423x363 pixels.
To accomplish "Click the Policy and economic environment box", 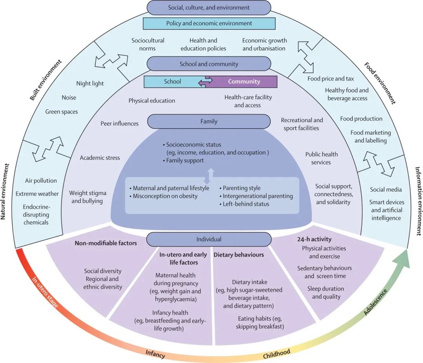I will click(x=209, y=23).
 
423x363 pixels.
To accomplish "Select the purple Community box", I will click(x=244, y=82).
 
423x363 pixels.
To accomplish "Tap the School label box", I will click(x=172, y=82).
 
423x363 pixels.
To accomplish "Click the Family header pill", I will click(x=209, y=122).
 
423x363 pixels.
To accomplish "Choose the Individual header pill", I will click(x=209, y=239).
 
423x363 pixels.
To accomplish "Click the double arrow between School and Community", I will click(x=205, y=82).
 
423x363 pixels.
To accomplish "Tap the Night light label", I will click(x=90, y=83).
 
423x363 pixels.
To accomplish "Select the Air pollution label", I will click(x=41, y=181).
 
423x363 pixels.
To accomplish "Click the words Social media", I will click(x=386, y=190).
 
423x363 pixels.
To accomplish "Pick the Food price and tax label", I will click(x=331, y=78).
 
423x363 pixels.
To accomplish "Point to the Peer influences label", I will click(x=119, y=123).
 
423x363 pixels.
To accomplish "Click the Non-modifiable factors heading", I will click(x=106, y=243).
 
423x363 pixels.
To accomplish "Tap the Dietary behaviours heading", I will click(x=239, y=255).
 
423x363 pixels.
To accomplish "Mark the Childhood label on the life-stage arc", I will click(x=277, y=353).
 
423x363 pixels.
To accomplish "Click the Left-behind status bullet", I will click(x=246, y=204).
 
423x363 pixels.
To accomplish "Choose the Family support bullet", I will click(x=184, y=160).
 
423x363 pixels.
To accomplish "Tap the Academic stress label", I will click(x=100, y=158).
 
